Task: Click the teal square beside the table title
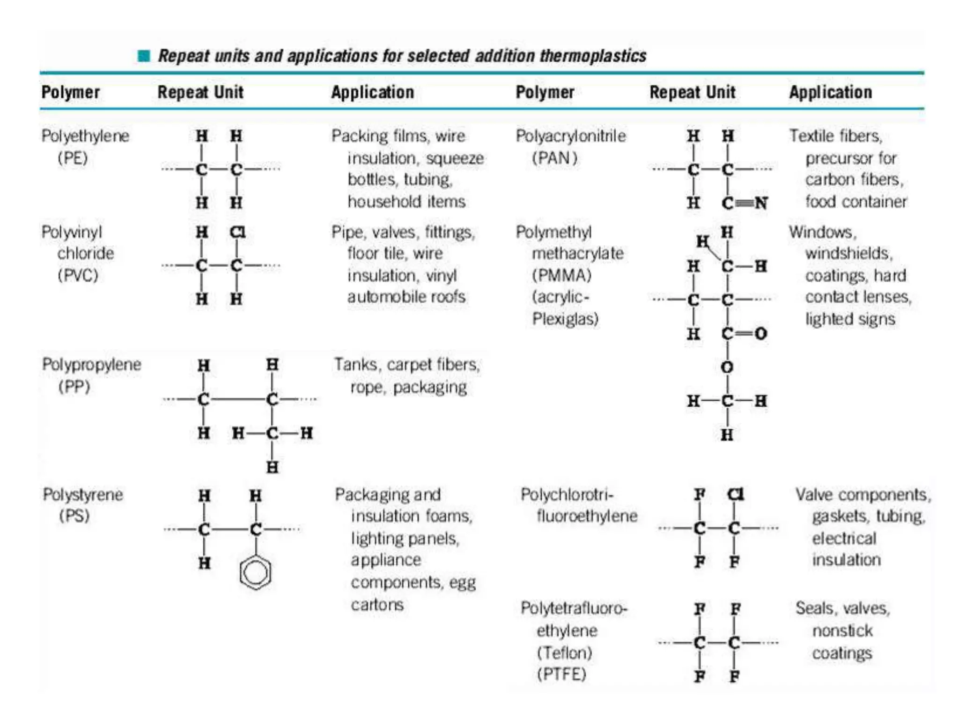[x=144, y=56]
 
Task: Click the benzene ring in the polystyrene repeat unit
[x=255, y=572]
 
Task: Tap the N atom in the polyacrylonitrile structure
[x=761, y=203]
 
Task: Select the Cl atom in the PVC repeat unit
[x=237, y=232]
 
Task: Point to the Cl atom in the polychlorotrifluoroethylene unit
[x=735, y=494]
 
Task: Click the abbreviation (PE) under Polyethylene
[x=73, y=158]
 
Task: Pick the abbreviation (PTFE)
[x=561, y=675]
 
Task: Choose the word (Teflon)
[x=564, y=653]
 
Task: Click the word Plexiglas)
[x=565, y=319]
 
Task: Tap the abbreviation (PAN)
[x=554, y=158]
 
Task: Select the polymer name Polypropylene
[x=91, y=365]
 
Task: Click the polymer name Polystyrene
[x=83, y=495]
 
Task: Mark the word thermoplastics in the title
[x=593, y=56]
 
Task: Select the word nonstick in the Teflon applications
[x=842, y=631]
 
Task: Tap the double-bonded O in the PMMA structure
[x=760, y=334]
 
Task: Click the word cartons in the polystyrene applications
[x=377, y=605]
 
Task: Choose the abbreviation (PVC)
[x=78, y=275]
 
